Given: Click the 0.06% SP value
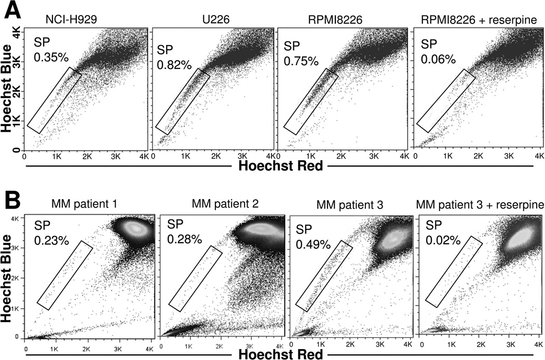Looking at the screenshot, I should point(440,58).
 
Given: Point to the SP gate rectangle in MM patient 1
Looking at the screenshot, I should point(65,275).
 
